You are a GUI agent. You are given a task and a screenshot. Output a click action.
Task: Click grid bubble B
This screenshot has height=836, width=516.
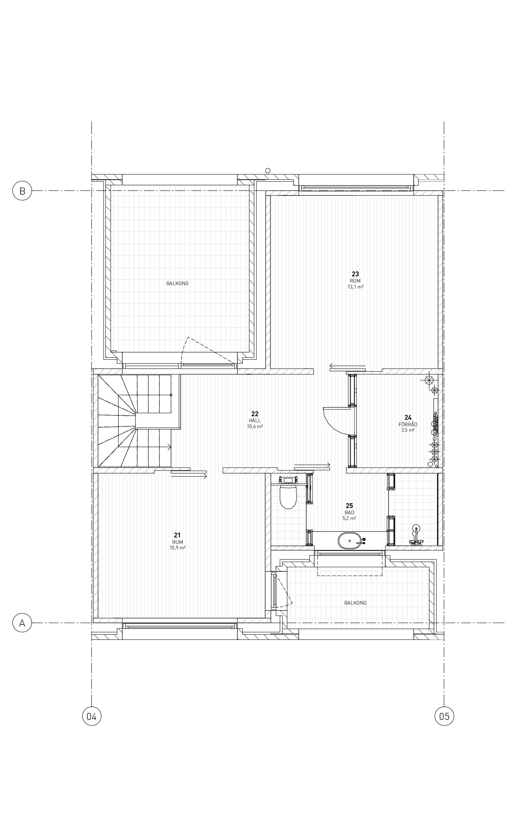click(22, 191)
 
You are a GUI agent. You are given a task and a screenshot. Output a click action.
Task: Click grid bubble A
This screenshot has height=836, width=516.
click(22, 623)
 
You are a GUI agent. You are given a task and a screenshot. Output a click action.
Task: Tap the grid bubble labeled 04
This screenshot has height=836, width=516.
click(92, 716)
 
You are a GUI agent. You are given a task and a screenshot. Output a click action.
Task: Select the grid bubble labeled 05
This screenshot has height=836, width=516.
click(444, 716)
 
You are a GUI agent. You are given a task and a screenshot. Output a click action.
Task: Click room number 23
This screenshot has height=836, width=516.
click(355, 274)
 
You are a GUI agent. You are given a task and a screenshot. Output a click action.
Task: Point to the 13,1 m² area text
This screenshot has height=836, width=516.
click(355, 287)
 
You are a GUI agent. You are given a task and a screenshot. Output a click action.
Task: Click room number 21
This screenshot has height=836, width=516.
click(177, 535)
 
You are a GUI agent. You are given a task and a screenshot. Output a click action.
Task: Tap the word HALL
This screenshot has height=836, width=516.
click(255, 421)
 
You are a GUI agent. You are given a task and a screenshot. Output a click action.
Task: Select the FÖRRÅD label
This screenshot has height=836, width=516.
click(408, 424)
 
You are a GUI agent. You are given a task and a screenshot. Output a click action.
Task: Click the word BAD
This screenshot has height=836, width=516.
click(350, 513)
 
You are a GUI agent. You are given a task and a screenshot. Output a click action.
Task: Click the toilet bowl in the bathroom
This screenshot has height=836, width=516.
click(288, 497)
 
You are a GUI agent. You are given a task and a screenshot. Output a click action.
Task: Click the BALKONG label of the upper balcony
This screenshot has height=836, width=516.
click(177, 284)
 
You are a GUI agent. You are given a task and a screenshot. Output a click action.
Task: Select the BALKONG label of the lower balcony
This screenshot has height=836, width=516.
click(355, 603)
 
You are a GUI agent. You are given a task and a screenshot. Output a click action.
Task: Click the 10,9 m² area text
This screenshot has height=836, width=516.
click(177, 548)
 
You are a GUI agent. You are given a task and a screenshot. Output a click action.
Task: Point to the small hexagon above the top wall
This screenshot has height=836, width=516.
click(268, 171)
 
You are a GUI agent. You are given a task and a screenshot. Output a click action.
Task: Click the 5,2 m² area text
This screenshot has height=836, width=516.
click(350, 518)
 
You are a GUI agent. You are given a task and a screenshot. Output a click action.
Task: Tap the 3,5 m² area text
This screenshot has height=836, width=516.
click(408, 430)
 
